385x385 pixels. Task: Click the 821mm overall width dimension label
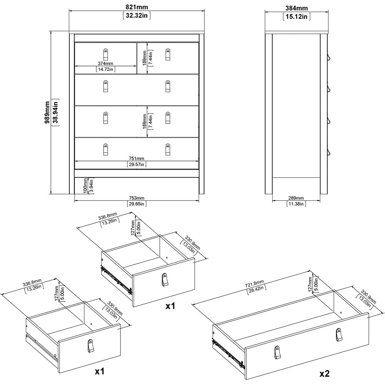point(137,7)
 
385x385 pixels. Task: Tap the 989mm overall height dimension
point(47,112)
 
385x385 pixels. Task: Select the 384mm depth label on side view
point(296,8)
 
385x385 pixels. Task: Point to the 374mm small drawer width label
point(105,64)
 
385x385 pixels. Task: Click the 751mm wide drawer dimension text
point(137,159)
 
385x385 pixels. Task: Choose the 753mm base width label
point(137,198)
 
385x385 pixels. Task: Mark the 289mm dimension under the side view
point(296,198)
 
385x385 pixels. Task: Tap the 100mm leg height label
point(85,186)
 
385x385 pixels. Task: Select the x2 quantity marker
point(324,373)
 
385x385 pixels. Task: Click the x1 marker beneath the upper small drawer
point(171,306)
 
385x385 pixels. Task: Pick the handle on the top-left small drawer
point(105,55)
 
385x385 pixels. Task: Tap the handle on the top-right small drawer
point(168,55)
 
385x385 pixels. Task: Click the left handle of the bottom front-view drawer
point(105,149)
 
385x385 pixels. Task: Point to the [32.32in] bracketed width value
point(137,15)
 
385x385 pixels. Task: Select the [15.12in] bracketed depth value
point(296,17)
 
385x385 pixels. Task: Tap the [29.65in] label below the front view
point(137,204)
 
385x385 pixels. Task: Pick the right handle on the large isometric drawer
point(339,335)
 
